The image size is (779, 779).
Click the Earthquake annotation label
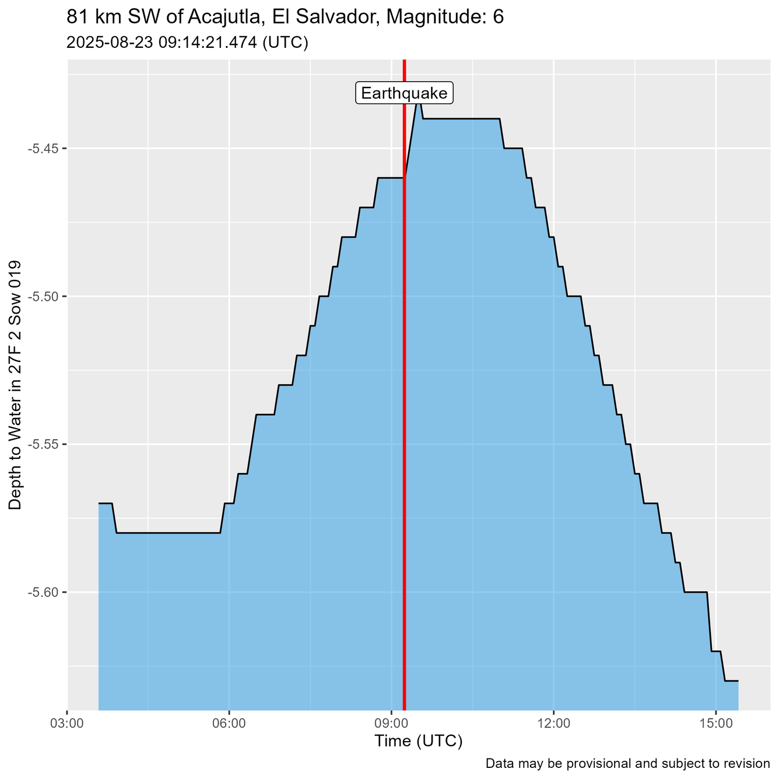404,93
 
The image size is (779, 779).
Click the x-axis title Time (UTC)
418,742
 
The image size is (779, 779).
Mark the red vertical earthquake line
404,408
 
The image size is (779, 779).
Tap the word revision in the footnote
748,763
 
